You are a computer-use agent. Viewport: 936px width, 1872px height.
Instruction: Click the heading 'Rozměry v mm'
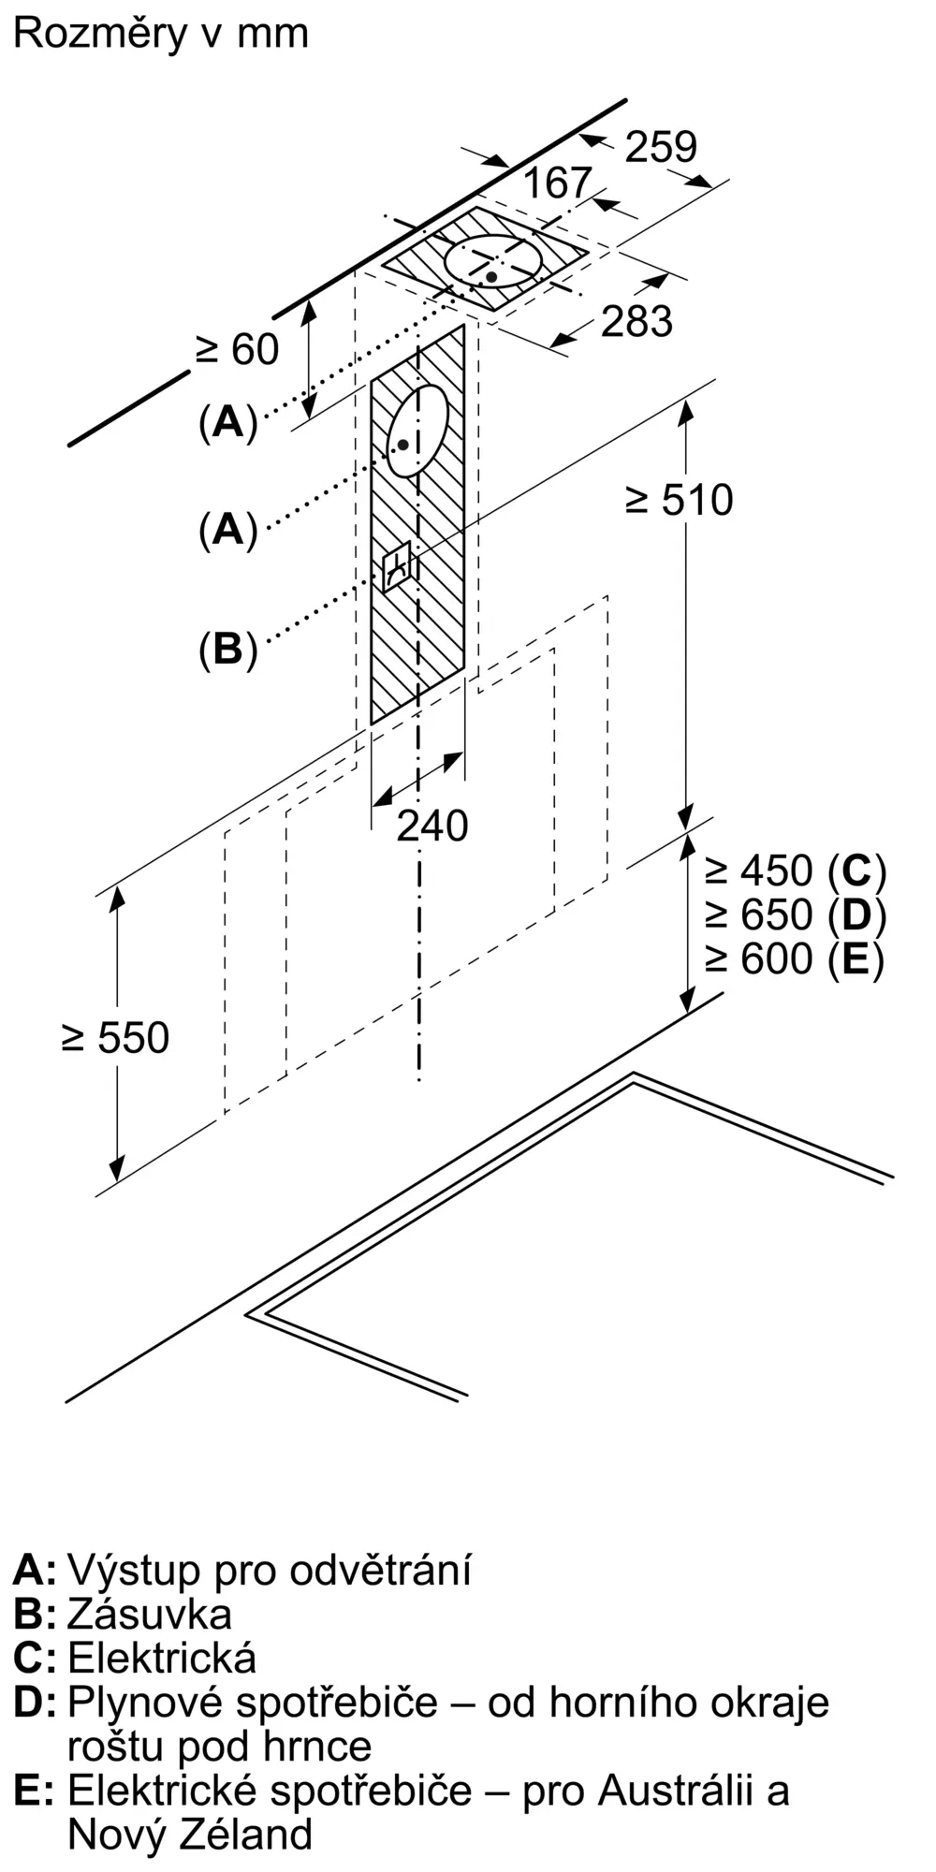point(160,34)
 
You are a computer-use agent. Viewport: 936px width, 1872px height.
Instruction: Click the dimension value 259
point(661,147)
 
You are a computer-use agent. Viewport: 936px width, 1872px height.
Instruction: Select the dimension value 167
point(557,183)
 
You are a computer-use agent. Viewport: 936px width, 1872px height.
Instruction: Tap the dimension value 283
point(636,321)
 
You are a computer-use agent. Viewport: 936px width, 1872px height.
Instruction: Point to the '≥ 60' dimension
point(238,349)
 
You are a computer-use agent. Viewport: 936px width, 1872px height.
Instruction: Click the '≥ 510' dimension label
point(680,500)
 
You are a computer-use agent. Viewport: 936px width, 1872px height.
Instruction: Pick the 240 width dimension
point(431,826)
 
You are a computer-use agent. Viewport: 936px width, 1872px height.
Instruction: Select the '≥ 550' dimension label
point(115,1038)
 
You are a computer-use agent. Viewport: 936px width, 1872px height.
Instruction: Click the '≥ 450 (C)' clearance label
point(796,871)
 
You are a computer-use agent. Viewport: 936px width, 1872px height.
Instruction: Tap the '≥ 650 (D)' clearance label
point(796,914)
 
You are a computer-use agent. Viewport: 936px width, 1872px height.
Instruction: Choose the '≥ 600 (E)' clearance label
point(795,958)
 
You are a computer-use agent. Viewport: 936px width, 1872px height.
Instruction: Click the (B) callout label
point(227,648)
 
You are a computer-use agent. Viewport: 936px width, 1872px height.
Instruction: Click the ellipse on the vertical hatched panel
point(417,431)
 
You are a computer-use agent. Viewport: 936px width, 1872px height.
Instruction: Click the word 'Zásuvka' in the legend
point(150,1614)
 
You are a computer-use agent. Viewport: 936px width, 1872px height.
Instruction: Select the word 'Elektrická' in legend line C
point(162,1658)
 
